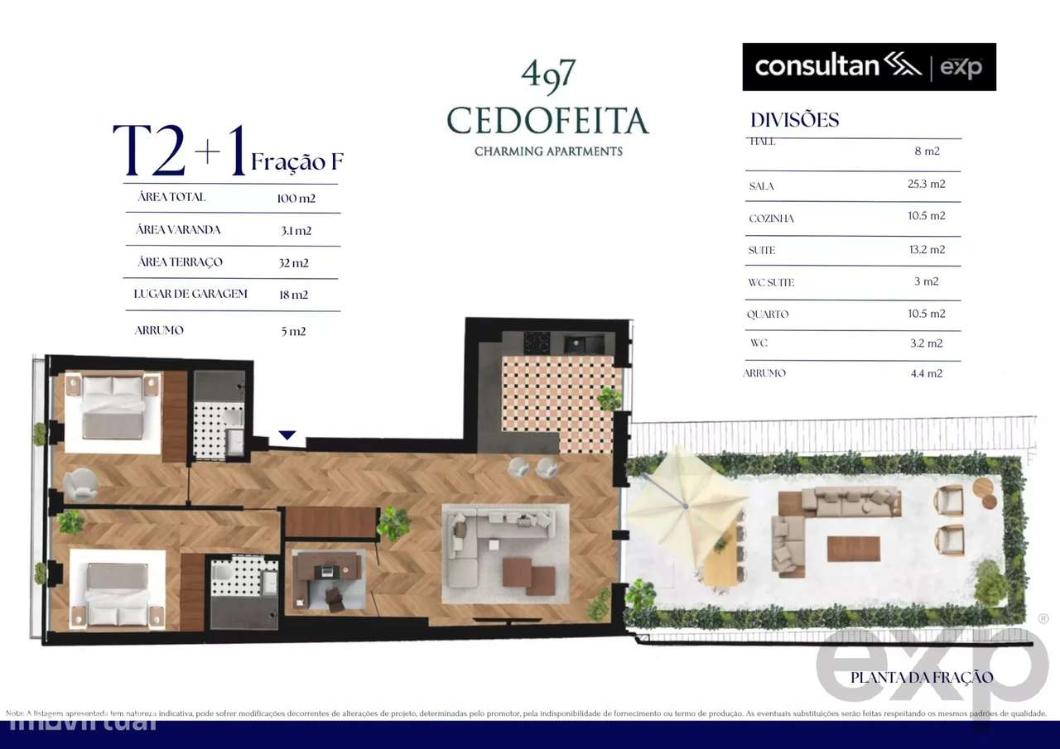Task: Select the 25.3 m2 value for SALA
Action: pyautogui.click(x=926, y=184)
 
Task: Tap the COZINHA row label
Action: pyautogui.click(x=771, y=218)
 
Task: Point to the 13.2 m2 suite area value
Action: pyautogui.click(x=926, y=249)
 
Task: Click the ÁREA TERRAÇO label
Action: pyautogui.click(x=180, y=262)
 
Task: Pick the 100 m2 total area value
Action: pyautogui.click(x=296, y=199)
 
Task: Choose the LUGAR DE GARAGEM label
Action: pyautogui.click(x=190, y=294)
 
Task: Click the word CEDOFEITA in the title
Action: pyautogui.click(x=547, y=121)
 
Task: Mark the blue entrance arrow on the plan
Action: pyautogui.click(x=287, y=435)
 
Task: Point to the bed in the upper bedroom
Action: pyautogui.click(x=113, y=408)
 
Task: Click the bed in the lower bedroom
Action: pyautogui.click(x=117, y=595)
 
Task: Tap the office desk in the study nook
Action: pyautogui.click(x=328, y=568)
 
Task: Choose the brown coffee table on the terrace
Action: pyautogui.click(x=853, y=548)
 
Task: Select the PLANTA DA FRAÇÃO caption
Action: pyautogui.click(x=921, y=677)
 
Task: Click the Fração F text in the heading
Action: pyautogui.click(x=296, y=162)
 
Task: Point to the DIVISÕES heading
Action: pyautogui.click(x=794, y=120)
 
